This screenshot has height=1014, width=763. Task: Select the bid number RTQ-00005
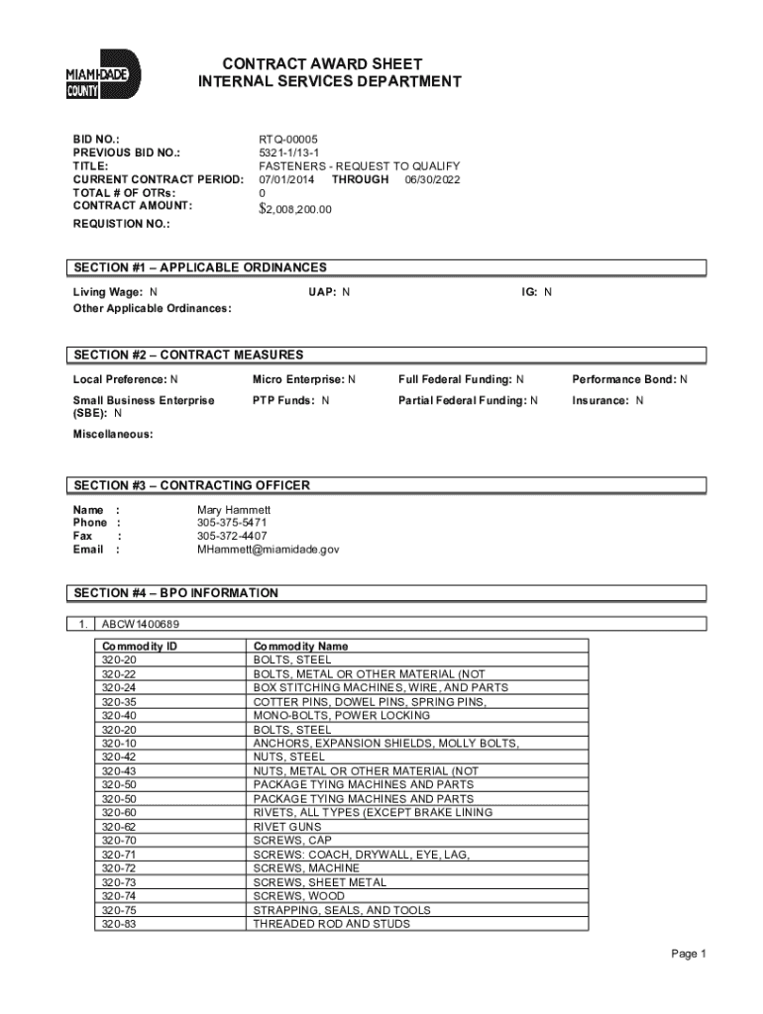coord(288,140)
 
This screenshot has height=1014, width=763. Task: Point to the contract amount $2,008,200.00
coord(295,209)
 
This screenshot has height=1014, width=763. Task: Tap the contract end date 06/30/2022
coord(432,179)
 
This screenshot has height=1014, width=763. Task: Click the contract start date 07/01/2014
coord(288,179)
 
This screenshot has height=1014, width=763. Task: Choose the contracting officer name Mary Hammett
coord(234,509)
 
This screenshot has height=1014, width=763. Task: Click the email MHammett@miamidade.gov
coord(268,549)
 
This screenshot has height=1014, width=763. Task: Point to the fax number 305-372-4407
coord(232,536)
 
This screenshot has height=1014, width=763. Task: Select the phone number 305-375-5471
coord(232,522)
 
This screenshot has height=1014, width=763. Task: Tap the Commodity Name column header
coord(300,646)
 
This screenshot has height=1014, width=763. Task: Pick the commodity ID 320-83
coord(119,924)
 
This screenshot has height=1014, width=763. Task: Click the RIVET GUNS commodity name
coord(286,826)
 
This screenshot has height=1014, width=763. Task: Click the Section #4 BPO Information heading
coord(176,593)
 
